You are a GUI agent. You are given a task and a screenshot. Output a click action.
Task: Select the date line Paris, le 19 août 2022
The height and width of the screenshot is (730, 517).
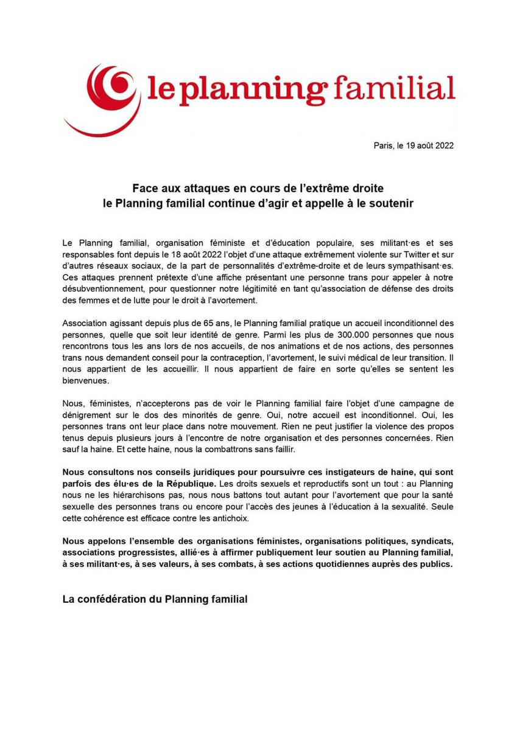click(x=413, y=145)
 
